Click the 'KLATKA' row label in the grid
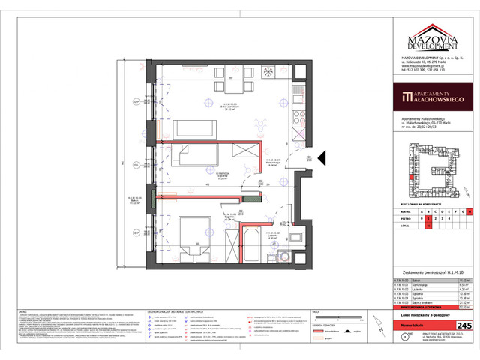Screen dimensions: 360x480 (x=410, y=213)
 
